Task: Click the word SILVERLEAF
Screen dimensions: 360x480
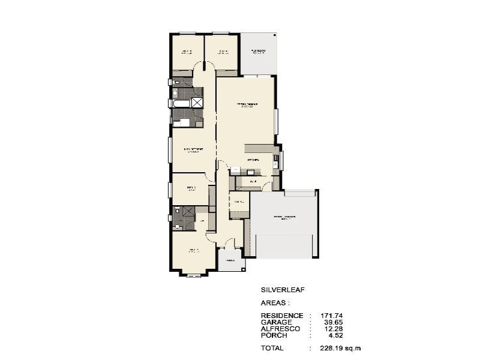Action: click(283, 290)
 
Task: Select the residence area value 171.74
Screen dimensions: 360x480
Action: click(330, 315)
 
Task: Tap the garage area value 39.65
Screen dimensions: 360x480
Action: click(332, 322)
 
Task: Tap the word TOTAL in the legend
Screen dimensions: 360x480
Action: click(273, 348)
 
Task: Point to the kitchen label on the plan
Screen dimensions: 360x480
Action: click(252, 160)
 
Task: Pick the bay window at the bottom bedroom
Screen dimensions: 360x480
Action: click(194, 275)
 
